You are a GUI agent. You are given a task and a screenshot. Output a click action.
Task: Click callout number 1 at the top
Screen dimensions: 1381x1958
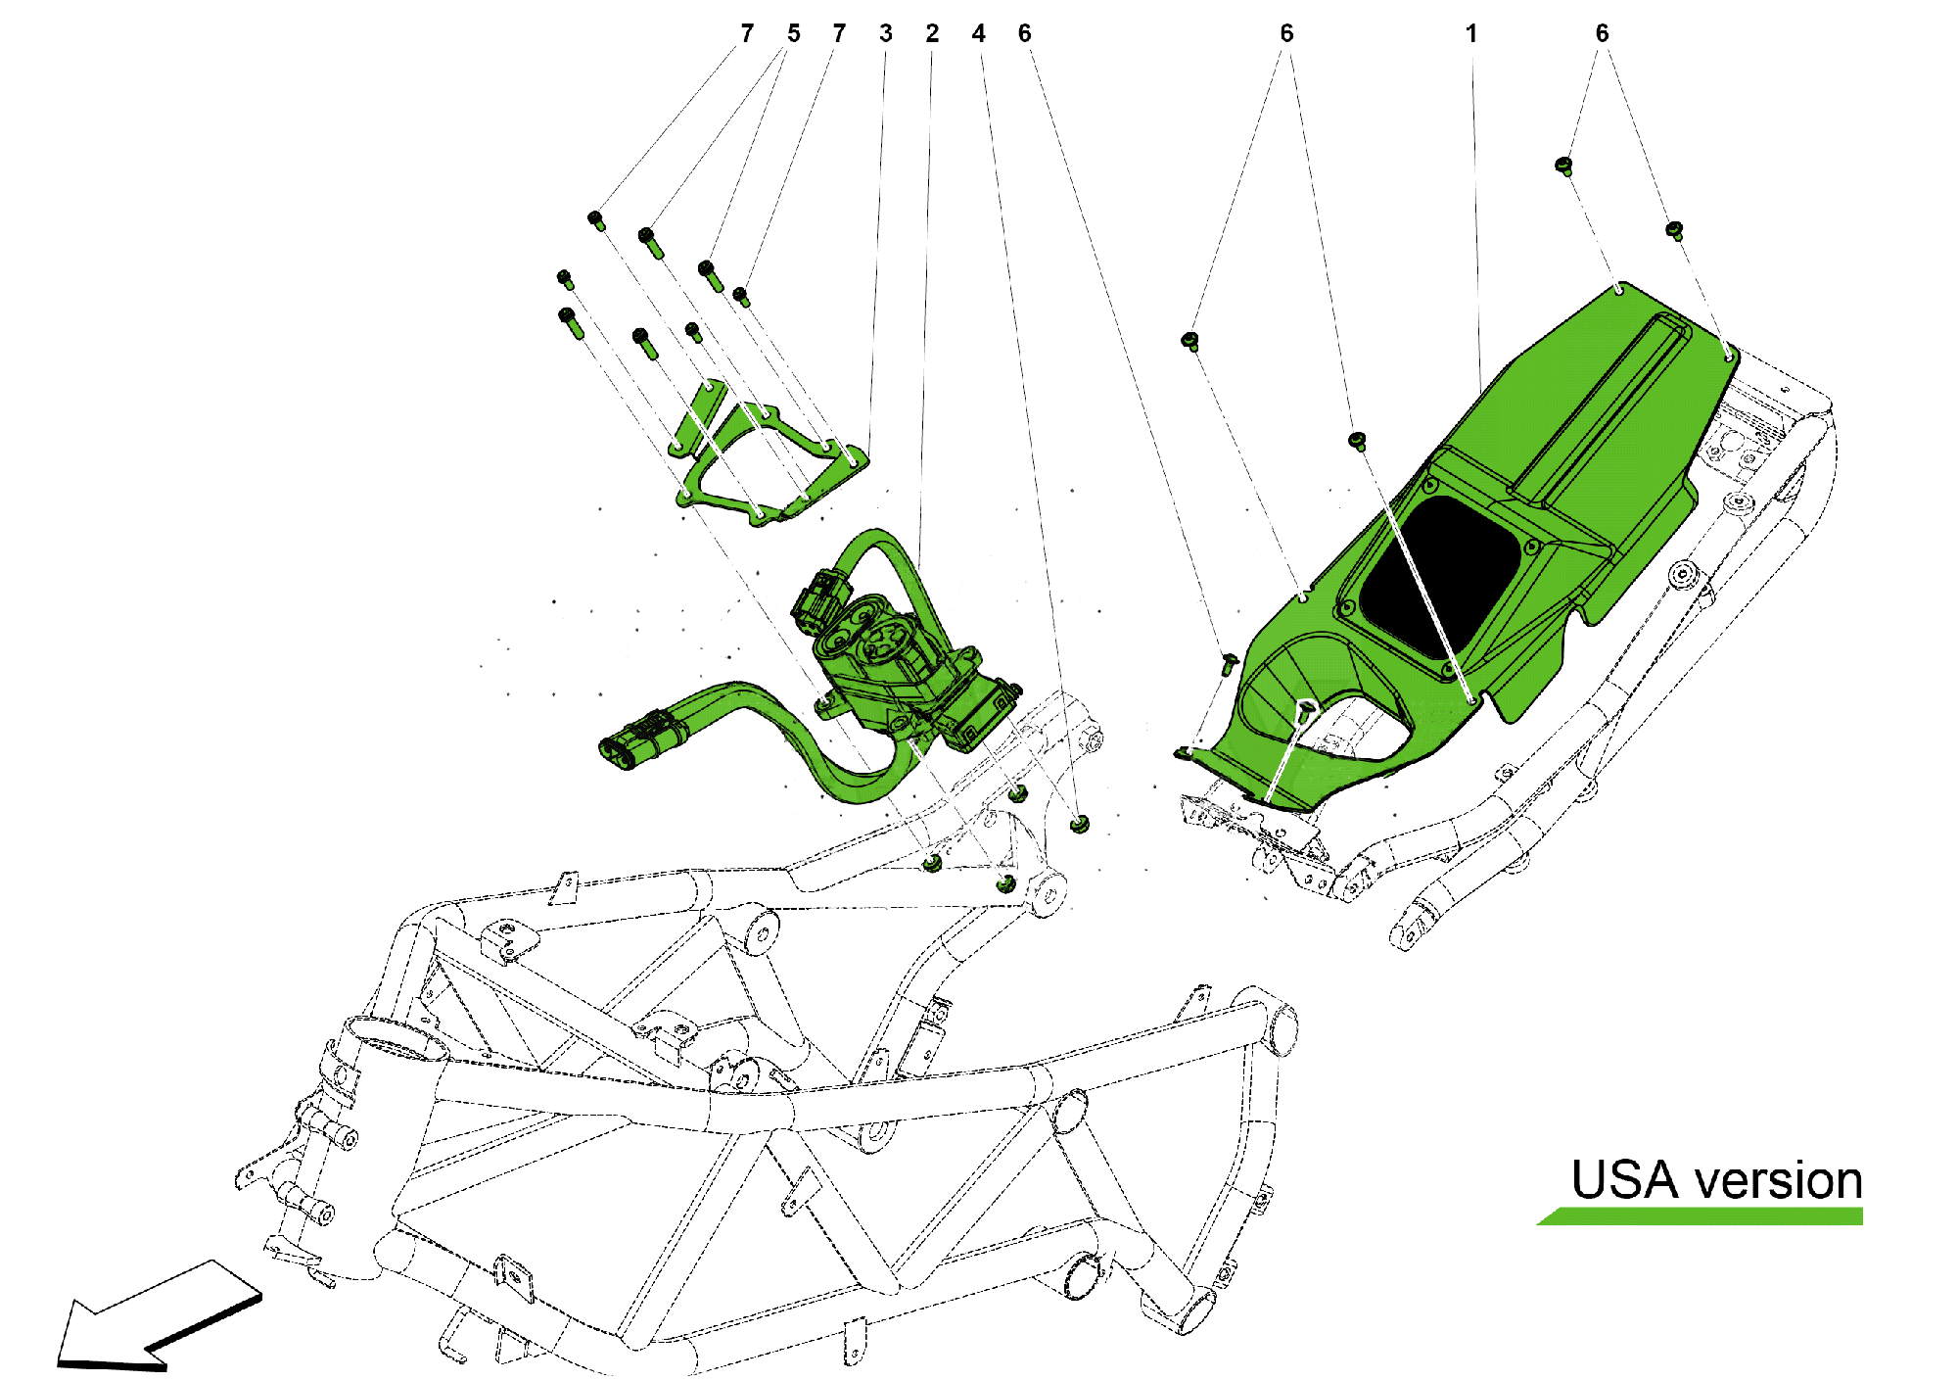click(x=1470, y=34)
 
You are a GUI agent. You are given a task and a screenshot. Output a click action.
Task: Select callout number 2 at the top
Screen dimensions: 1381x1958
click(x=931, y=34)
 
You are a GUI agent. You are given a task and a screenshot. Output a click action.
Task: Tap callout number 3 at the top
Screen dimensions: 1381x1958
click(x=885, y=34)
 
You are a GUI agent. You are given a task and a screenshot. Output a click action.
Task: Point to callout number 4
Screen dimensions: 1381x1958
click(x=978, y=34)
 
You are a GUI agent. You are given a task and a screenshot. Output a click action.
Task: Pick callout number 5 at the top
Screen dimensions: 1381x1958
click(x=793, y=34)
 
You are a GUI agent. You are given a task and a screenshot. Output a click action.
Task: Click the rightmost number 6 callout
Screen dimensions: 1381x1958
click(x=1602, y=34)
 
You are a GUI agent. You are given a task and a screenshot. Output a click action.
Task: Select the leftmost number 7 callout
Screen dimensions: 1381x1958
click(x=747, y=34)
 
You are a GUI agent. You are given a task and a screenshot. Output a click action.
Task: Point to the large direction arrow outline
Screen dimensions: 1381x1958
click(x=157, y=1317)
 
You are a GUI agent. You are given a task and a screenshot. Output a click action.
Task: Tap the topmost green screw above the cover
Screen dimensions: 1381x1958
click(x=1563, y=165)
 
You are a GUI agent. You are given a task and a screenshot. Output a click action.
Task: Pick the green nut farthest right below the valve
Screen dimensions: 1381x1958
click(x=1079, y=823)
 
